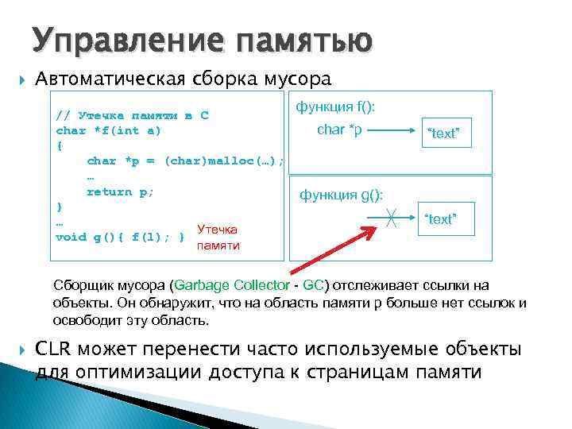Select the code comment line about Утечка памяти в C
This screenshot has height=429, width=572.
132,115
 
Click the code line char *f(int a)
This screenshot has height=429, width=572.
108,130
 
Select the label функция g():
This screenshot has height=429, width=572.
341,195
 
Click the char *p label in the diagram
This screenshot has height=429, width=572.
339,129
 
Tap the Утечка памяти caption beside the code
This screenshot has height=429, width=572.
218,237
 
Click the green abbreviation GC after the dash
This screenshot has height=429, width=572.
313,286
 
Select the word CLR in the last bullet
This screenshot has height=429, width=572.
56,349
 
